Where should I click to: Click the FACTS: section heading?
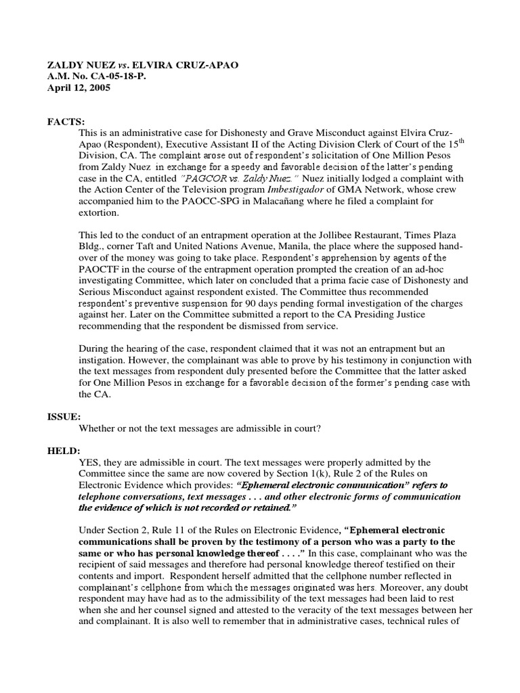[x=66, y=121]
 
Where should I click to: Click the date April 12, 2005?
[x=78, y=87]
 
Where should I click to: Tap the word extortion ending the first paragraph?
[x=101, y=213]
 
